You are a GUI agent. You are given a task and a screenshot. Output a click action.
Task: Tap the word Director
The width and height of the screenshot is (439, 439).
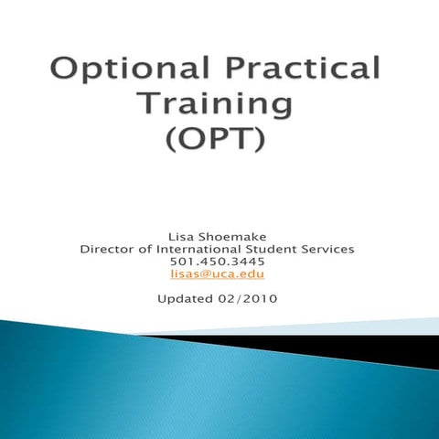(109, 248)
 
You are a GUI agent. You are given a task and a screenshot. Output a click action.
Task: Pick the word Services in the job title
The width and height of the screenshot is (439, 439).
(329, 248)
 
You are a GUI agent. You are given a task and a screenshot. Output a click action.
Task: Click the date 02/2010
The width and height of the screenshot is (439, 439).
(250, 299)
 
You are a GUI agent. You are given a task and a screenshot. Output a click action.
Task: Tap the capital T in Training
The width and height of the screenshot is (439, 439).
(149, 106)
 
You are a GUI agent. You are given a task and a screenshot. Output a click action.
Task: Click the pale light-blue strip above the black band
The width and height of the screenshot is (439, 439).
(366, 327)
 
